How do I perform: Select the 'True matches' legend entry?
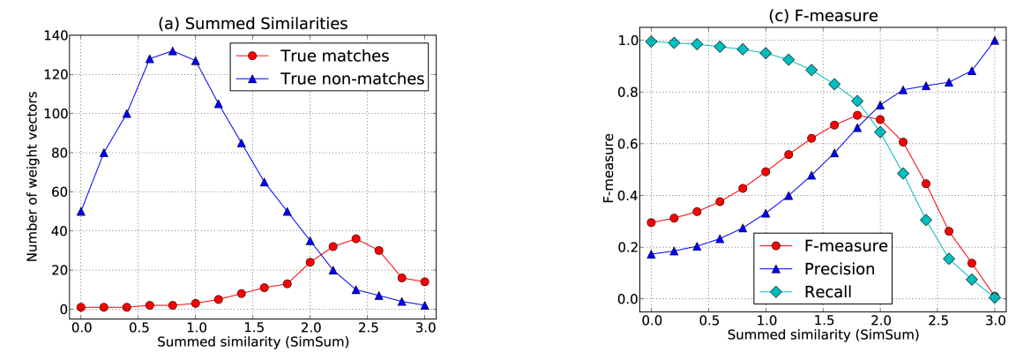pyautogui.click(x=334, y=56)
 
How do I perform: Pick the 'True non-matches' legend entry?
pyautogui.click(x=352, y=79)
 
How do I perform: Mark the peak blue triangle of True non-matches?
pyautogui.click(x=172, y=51)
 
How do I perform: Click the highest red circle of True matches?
pyautogui.click(x=355, y=238)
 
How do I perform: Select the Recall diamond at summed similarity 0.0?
pyautogui.click(x=652, y=41)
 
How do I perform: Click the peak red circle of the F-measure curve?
pyautogui.click(x=857, y=116)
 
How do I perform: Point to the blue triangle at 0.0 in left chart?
pyautogui.click(x=81, y=212)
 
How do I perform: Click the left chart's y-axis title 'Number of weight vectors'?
pyautogui.click(x=33, y=173)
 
